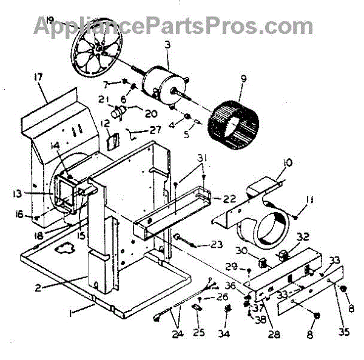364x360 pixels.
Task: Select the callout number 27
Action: coord(157,128)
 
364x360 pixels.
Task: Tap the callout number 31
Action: coord(201,159)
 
